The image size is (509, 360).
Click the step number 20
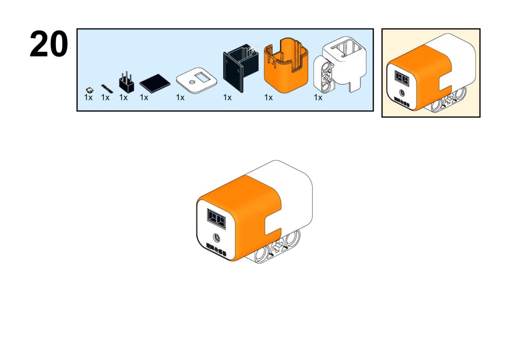click(x=49, y=44)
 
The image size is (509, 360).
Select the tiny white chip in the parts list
click(x=89, y=88)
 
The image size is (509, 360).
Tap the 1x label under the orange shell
click(x=268, y=98)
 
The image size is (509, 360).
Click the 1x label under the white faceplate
click(x=180, y=98)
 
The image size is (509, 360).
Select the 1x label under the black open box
click(x=227, y=98)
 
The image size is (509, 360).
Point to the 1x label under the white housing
click(x=318, y=98)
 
